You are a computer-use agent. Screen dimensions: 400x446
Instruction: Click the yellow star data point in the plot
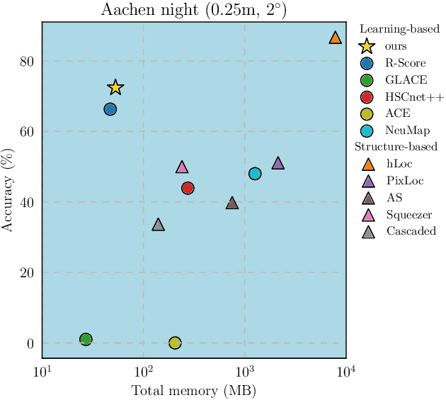[115, 88]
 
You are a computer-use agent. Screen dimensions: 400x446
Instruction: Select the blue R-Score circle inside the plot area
[110, 109]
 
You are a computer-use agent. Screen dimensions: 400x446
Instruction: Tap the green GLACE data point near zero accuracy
[86, 340]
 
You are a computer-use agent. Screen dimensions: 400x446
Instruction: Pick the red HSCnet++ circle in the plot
[188, 188]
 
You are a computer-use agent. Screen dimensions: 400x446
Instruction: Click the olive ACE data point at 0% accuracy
[175, 343]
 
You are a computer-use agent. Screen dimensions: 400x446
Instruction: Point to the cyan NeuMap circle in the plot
[255, 174]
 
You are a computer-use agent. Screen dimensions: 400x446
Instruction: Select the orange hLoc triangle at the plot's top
[336, 38]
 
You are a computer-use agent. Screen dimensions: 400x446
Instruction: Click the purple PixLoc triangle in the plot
[278, 164]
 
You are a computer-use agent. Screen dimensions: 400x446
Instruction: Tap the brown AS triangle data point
[232, 204]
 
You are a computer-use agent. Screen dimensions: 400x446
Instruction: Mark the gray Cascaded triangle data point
[159, 225]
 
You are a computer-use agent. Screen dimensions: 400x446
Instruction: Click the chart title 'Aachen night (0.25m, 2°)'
[193, 10]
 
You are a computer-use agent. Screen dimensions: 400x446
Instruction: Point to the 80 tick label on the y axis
[27, 61]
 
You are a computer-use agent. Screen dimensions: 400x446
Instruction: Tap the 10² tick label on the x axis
[144, 371]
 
